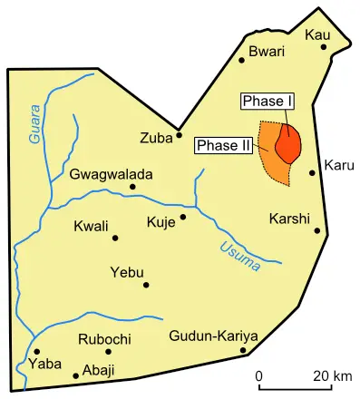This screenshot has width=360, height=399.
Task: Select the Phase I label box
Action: pos(263,101)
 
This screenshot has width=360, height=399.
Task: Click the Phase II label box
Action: pos(223,145)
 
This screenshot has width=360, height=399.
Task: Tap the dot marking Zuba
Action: pos(180,137)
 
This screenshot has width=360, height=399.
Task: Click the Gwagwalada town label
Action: pos(112,174)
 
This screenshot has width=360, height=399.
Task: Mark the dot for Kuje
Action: pos(182,217)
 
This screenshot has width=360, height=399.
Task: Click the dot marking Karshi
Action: pos(317,230)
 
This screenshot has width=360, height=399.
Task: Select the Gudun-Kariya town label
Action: pos(214,337)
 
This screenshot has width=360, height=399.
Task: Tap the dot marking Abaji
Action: pos(75,375)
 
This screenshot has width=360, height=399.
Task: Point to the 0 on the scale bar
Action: pos(258,375)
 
